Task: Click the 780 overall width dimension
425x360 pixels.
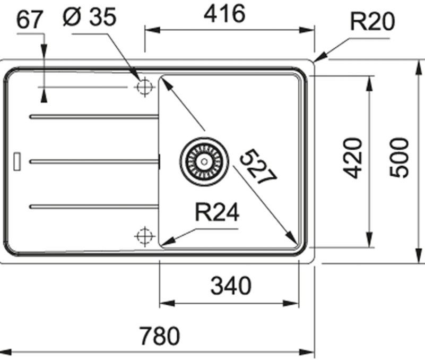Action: click(159, 336)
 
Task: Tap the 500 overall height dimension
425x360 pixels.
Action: click(398, 158)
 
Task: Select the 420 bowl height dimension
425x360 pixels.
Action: click(353, 158)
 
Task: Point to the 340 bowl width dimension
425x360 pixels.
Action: click(231, 285)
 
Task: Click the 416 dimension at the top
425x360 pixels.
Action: click(224, 13)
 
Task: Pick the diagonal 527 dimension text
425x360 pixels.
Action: click(258, 166)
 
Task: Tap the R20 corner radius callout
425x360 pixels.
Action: click(372, 21)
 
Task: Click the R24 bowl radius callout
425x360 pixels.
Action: click(217, 212)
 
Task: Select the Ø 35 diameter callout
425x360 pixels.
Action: click(90, 16)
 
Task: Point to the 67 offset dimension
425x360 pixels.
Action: click(30, 20)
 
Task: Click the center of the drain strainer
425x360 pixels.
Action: click(204, 162)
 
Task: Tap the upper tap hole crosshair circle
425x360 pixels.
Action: click(145, 87)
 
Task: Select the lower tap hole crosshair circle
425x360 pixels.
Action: click(145, 236)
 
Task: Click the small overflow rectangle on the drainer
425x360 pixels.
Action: click(17, 162)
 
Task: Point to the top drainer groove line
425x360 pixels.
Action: click(94, 117)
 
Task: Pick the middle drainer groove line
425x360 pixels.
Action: click(94, 162)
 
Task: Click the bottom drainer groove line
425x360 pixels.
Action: click(94, 207)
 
